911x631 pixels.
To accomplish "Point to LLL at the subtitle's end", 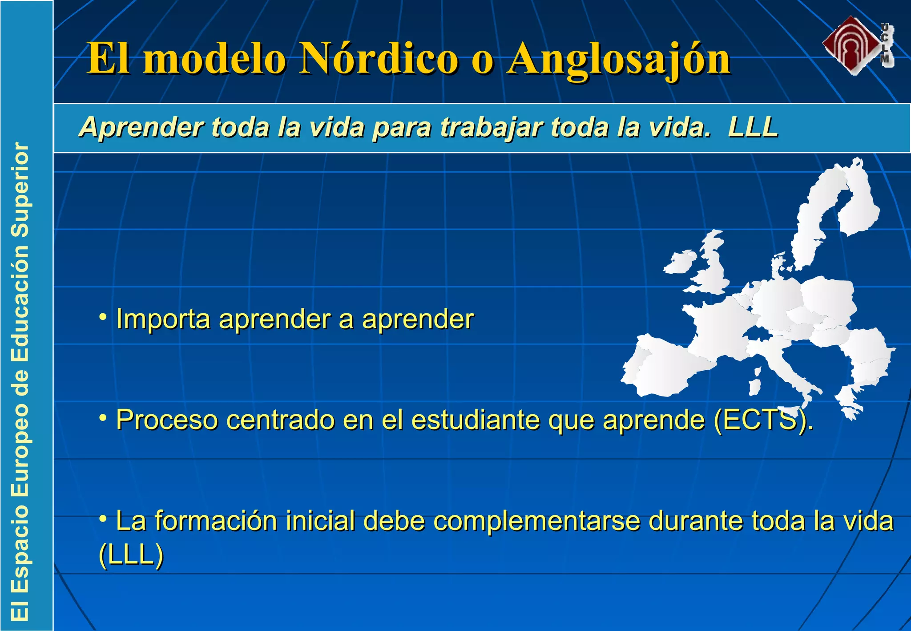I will point(753,127).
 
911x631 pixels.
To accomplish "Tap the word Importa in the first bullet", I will point(163,320).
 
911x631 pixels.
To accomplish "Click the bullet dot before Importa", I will point(103,317).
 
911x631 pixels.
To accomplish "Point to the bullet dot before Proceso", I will point(103,417).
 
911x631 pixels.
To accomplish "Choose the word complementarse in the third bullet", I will point(536,521).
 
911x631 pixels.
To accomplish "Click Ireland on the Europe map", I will point(679,262).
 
